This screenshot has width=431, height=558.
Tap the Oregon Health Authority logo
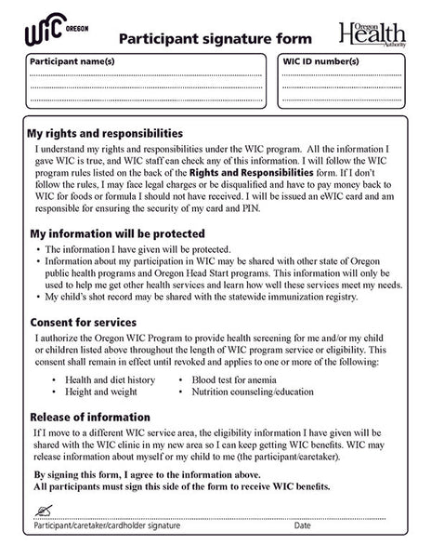click(x=373, y=33)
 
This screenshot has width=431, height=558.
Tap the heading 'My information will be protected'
click(x=117, y=233)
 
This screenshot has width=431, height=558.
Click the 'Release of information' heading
click(x=90, y=417)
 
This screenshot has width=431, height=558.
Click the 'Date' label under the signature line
click(x=303, y=526)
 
